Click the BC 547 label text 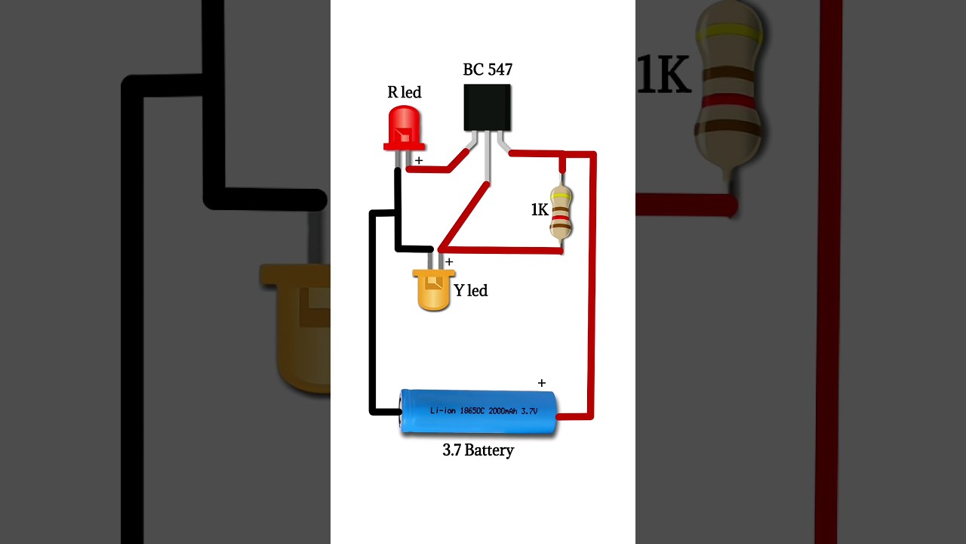[488, 70]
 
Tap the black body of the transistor [487, 107]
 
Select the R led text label [405, 92]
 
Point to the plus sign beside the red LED [419, 160]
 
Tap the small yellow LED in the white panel [434, 291]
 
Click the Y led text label [471, 291]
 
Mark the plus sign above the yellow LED [449, 261]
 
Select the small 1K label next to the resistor [540, 210]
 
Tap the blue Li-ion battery [478, 412]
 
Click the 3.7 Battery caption [478, 450]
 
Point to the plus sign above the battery [541, 383]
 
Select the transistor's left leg [472, 141]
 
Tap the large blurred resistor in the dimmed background [729, 83]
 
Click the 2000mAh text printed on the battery [503, 411]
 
